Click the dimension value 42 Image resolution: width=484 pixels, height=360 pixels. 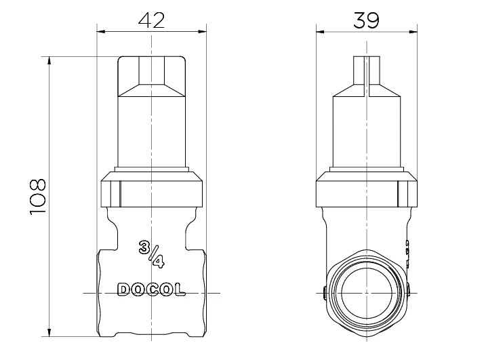pos(152,20)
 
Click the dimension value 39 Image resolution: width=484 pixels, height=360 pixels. pos(366,20)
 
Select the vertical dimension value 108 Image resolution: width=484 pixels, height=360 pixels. pos(38,197)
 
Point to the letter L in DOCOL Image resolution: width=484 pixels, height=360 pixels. pos(180,289)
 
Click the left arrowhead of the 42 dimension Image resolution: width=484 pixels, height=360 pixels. pos(101,31)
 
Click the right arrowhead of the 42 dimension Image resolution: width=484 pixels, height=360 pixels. pos(202,31)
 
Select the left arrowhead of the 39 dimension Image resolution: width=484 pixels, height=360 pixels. pos(321,31)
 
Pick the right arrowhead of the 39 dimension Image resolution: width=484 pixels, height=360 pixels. pos(413,31)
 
